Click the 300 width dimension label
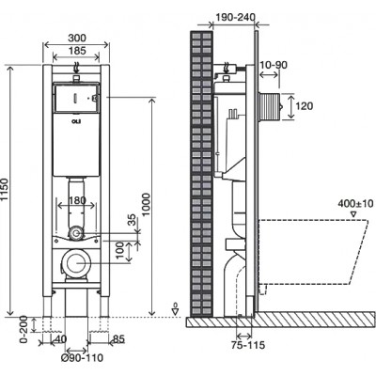coord(77,38)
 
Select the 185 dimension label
coord(77,51)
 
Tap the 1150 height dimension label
coord(5,190)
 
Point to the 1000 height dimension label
coord(147,205)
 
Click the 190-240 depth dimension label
coord(235,17)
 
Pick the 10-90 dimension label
coord(274,65)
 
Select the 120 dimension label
coord(305,106)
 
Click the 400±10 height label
coord(355,204)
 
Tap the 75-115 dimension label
coord(248,345)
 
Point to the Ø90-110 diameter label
coord(82,357)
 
